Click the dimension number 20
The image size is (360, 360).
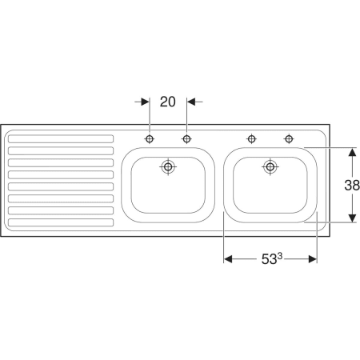pos(168,102)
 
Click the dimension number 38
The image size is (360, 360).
pos(352,185)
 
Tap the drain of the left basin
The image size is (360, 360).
pos(168,167)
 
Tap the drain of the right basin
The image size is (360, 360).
pos(270,167)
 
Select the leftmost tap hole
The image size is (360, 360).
pos(150,139)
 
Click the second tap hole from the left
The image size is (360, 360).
pos(186,139)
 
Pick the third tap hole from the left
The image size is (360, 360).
pos(252,139)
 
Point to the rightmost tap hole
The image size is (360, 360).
pos(289,139)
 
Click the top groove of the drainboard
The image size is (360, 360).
pos(61,139)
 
